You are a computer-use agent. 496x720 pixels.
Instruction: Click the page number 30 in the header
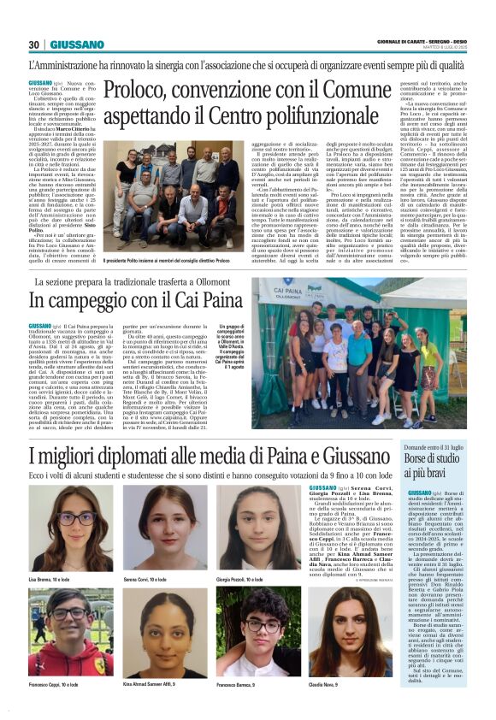34,44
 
